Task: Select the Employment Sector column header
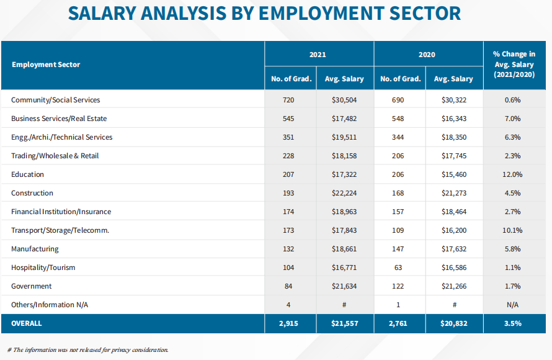(x=46, y=65)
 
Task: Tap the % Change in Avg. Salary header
(x=514, y=65)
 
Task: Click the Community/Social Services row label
(x=55, y=100)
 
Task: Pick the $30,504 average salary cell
(x=344, y=100)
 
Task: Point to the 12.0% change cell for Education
(x=512, y=174)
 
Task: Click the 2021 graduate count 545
(x=288, y=119)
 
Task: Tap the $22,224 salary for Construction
(x=344, y=193)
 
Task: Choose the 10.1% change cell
(x=512, y=230)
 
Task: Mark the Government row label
(x=32, y=286)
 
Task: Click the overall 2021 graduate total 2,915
(x=288, y=323)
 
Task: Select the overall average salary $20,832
(x=453, y=323)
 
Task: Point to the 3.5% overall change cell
(x=512, y=323)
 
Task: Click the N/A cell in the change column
(x=512, y=305)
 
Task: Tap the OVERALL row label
(x=27, y=323)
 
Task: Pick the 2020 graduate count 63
(x=398, y=268)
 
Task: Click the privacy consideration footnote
(x=87, y=349)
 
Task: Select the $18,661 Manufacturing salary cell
(x=344, y=249)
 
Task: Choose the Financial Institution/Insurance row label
(x=61, y=212)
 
